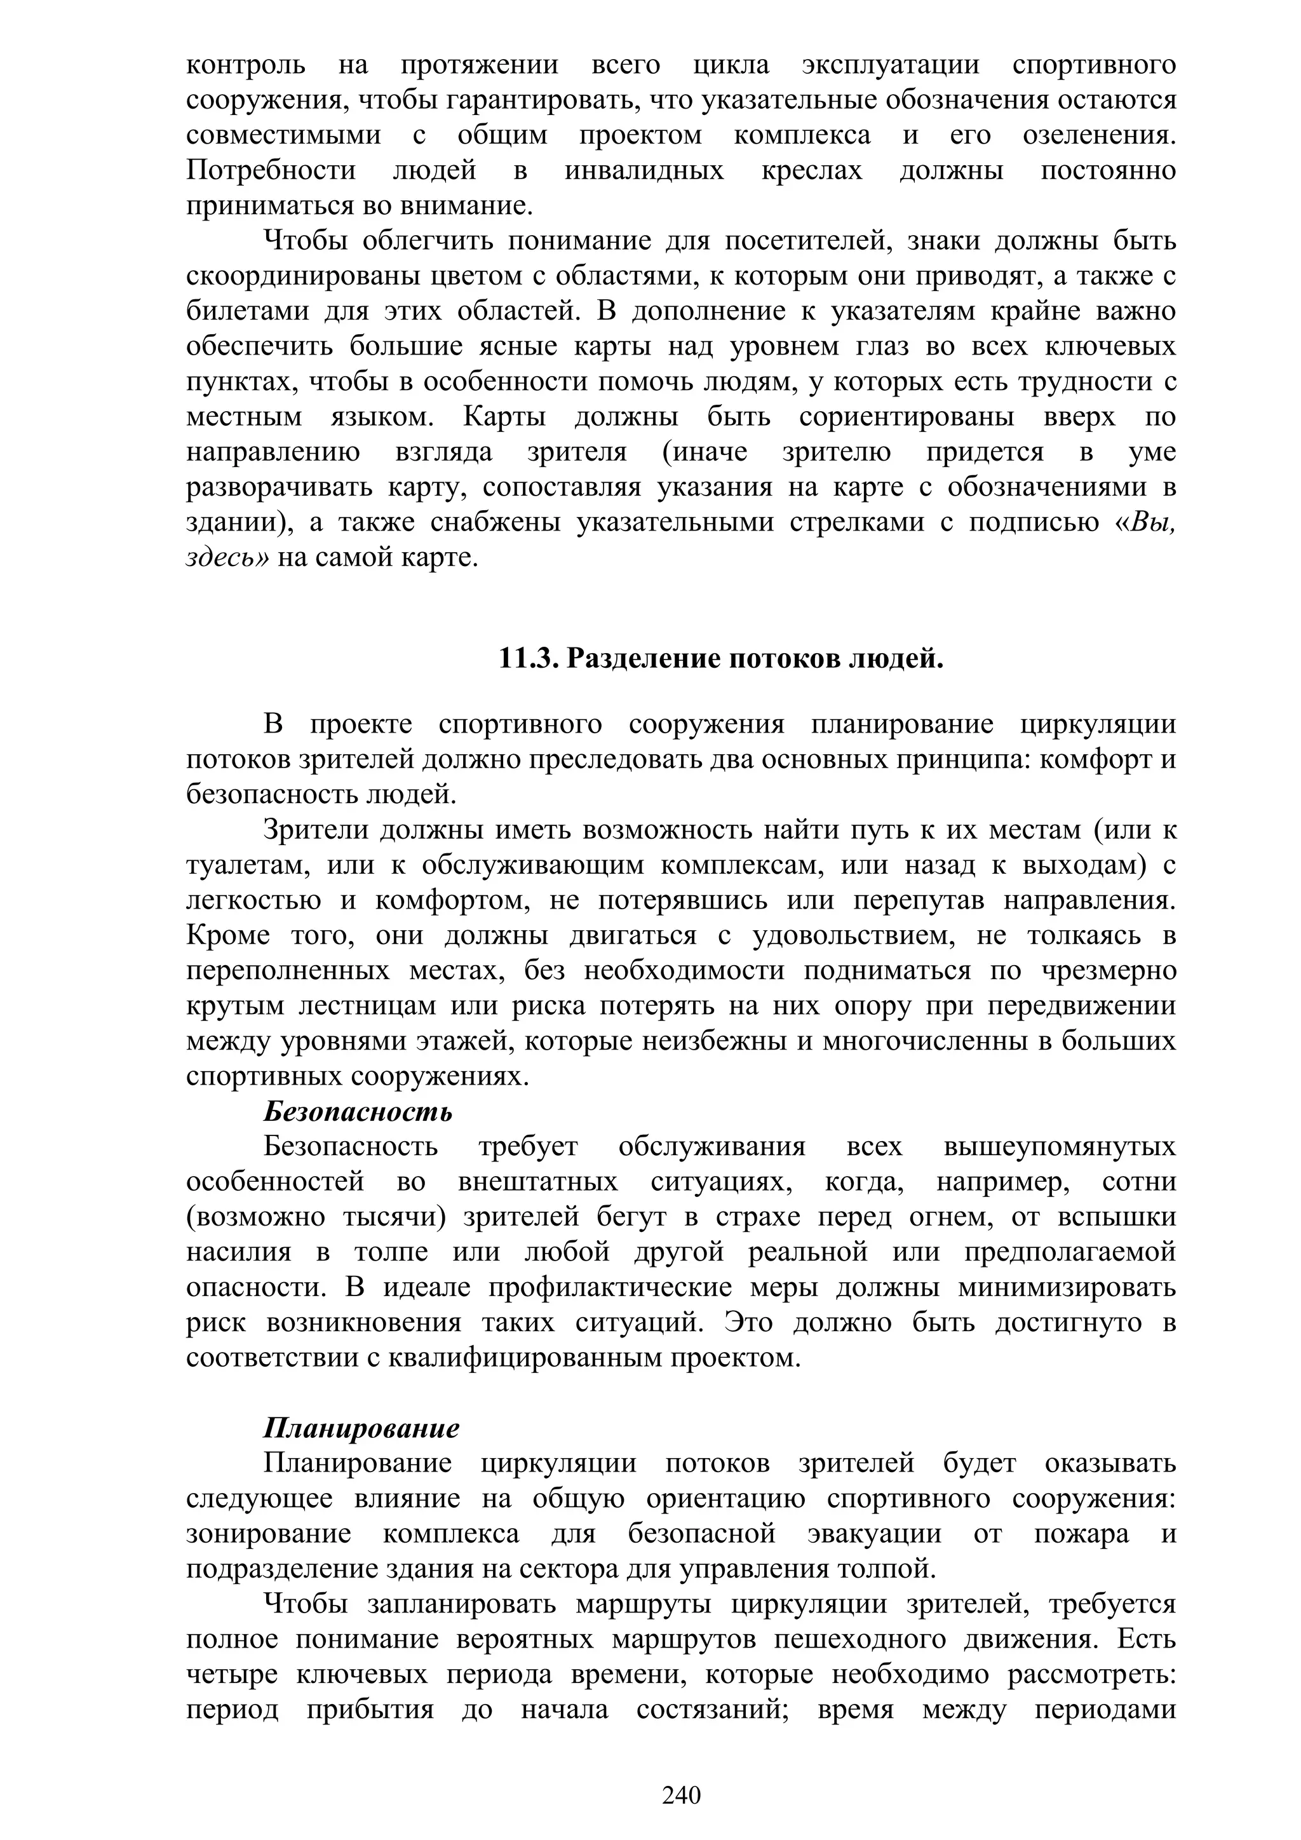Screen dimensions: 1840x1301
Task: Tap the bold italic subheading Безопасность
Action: pyautogui.click(x=358, y=1111)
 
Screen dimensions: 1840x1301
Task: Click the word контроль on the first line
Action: pyautogui.click(x=245, y=64)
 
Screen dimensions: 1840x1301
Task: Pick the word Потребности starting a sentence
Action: pyautogui.click(x=271, y=170)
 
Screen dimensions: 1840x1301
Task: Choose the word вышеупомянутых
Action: pyautogui.click(x=1059, y=1147)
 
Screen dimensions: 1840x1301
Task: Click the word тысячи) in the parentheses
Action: pyautogui.click(x=393, y=1217)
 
